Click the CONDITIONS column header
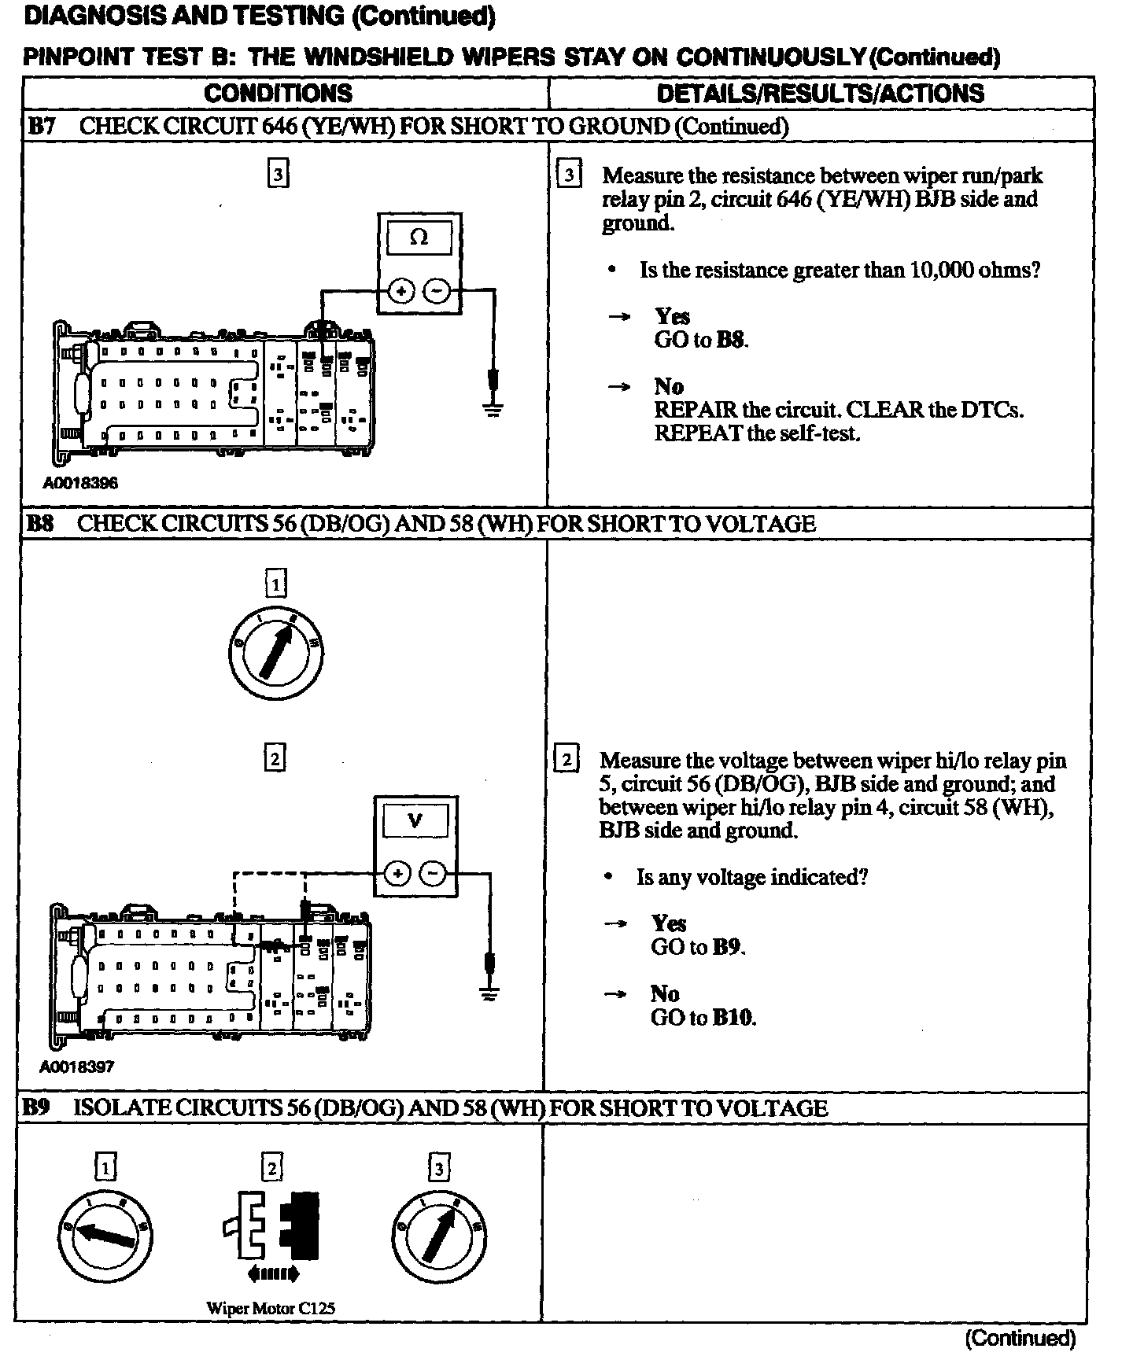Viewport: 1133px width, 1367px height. tap(278, 94)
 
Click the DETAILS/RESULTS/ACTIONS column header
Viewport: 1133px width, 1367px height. tap(820, 94)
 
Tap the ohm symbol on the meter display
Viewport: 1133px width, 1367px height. tap(419, 238)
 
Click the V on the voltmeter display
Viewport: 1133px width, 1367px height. tap(415, 821)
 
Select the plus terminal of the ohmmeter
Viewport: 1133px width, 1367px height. tap(400, 293)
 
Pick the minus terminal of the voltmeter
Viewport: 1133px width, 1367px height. tap(432, 874)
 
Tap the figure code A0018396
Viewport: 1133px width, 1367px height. tap(80, 483)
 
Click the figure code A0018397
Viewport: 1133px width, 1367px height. tap(77, 1067)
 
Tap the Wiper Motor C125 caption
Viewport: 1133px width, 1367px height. tap(270, 1309)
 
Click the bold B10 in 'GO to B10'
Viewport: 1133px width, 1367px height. tap(733, 1018)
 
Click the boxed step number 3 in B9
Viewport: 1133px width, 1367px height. tap(438, 1168)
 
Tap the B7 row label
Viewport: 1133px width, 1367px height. tap(42, 127)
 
